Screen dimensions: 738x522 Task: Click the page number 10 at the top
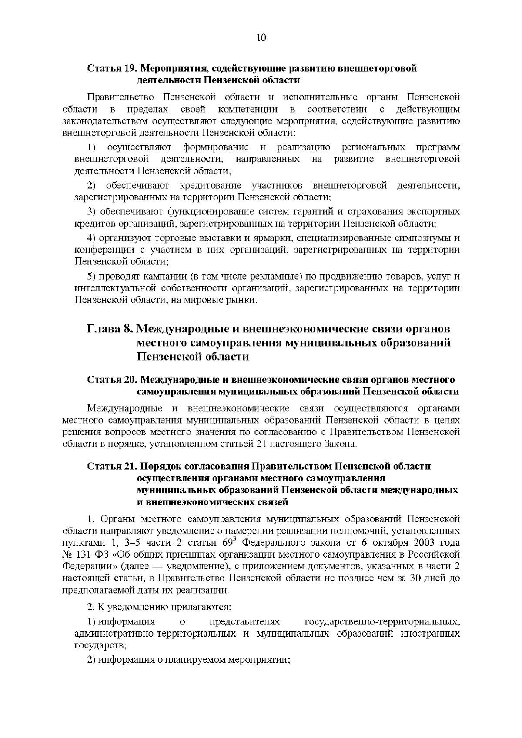click(261, 37)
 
